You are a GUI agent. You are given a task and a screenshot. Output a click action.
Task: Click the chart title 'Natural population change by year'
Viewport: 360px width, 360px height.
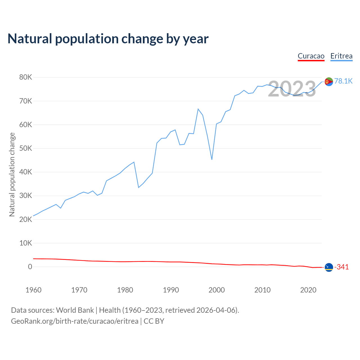point(108,39)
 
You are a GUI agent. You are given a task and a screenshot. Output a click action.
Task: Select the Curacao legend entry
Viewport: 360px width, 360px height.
point(311,56)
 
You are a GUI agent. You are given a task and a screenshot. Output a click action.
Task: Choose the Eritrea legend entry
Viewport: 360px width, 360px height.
point(341,56)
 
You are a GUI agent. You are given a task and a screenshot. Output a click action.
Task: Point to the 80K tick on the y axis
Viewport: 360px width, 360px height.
point(26,77)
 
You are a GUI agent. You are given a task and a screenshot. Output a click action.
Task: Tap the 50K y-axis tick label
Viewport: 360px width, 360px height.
point(26,148)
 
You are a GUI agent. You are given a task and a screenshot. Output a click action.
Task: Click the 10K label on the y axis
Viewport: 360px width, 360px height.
point(26,243)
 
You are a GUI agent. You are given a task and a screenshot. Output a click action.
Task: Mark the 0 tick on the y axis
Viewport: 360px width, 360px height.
point(30,267)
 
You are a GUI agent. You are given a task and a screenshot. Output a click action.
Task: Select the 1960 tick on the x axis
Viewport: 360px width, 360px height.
point(33,290)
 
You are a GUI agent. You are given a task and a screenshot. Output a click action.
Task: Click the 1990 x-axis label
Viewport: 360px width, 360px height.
point(171,290)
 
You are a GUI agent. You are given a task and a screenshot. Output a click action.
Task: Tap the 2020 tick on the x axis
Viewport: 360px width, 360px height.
point(308,290)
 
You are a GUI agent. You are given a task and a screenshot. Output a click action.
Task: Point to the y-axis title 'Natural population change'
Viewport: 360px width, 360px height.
point(12,174)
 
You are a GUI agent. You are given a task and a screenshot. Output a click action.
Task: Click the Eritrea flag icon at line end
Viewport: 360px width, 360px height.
point(329,82)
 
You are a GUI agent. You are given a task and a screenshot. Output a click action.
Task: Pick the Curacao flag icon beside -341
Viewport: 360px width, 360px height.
point(329,267)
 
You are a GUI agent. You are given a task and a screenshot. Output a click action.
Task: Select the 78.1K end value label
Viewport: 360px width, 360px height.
point(343,81)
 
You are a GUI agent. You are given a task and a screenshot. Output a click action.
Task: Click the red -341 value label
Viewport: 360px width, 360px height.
point(341,267)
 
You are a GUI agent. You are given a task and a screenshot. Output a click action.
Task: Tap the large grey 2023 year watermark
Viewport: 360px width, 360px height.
point(292,89)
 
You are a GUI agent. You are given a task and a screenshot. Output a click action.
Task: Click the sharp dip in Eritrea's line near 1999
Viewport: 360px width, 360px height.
point(212,159)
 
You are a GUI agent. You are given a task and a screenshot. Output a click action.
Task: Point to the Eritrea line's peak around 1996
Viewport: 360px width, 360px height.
point(198,109)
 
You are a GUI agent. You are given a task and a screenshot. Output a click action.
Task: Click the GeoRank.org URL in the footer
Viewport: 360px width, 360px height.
point(75,321)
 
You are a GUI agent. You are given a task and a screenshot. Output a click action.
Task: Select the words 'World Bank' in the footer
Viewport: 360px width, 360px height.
point(75,310)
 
